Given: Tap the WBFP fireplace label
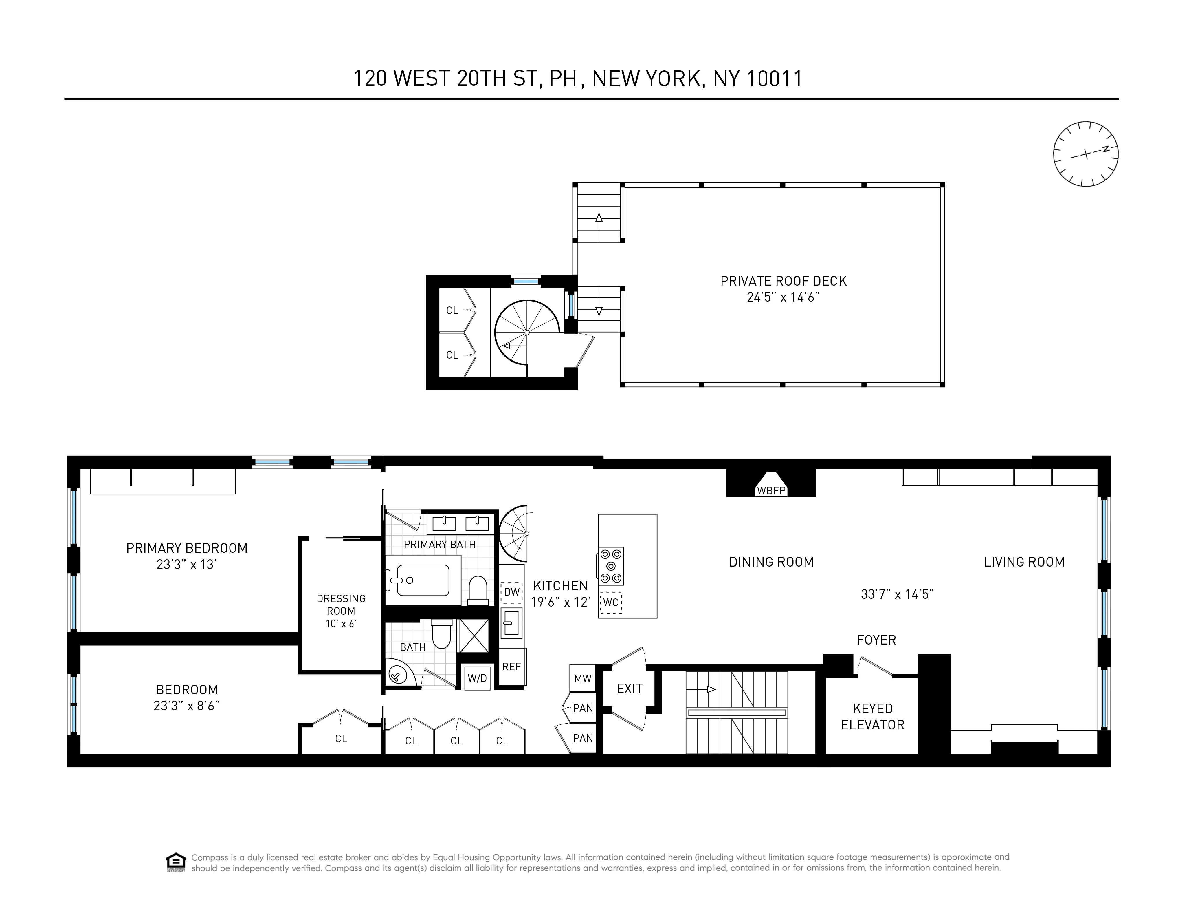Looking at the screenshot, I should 771,491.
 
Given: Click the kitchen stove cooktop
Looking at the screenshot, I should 611,566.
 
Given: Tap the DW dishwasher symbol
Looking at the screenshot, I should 511,592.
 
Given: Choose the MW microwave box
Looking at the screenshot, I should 583,678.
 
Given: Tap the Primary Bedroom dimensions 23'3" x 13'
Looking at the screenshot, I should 186,565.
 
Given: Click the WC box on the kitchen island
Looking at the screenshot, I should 611,602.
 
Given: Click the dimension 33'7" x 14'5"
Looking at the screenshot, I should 897,594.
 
